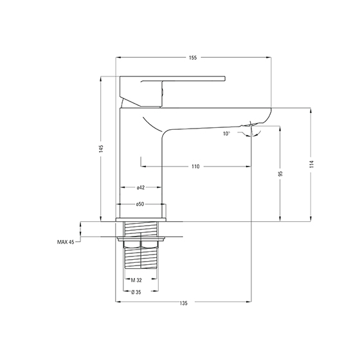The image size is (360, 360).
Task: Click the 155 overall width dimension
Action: coord(193,57)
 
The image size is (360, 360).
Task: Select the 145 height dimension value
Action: coord(101,148)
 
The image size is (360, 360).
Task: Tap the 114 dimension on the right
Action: coord(311,164)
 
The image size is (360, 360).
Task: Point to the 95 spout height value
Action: coord(280,174)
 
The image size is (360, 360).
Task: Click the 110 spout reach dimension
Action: coord(195,166)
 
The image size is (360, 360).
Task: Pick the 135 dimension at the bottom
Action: coord(183,303)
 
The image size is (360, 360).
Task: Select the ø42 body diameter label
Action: coord(141,188)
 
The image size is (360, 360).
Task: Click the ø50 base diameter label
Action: coord(140,204)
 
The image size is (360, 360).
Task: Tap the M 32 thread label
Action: coord(136,280)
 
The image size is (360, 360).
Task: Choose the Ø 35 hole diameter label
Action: coord(136,292)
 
